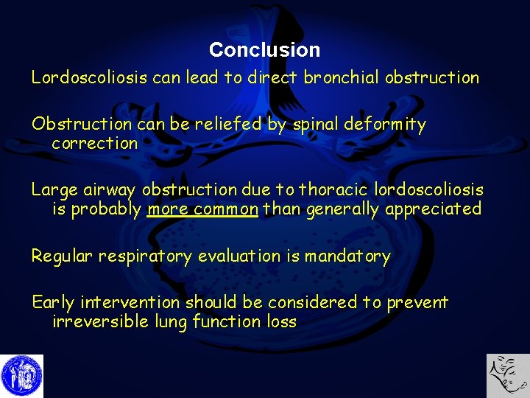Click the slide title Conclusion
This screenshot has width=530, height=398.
pyautogui.click(x=264, y=50)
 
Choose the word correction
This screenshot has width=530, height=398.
pyautogui.click(x=95, y=143)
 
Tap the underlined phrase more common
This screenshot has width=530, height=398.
pyautogui.click(x=202, y=209)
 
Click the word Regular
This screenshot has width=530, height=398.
pyautogui.click(x=62, y=256)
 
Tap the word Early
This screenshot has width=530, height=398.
pyautogui.click(x=53, y=302)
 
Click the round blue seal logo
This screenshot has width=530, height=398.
pyautogui.click(x=21, y=376)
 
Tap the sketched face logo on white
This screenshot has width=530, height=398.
pyautogui.click(x=508, y=376)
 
